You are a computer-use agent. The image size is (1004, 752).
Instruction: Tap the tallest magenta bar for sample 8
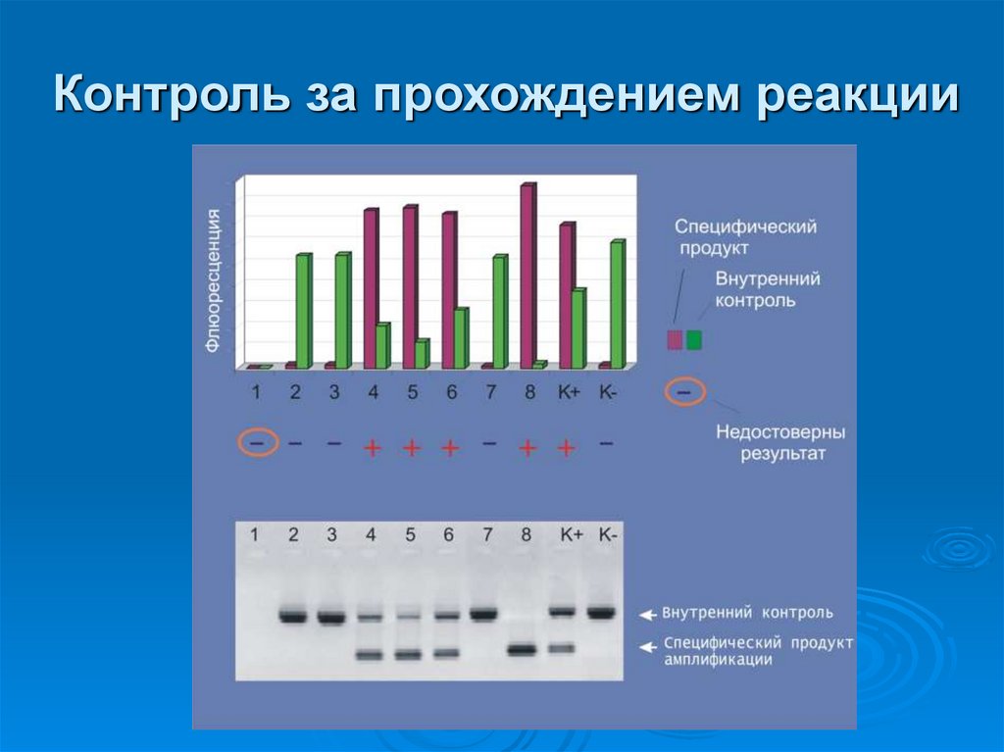click(x=527, y=276)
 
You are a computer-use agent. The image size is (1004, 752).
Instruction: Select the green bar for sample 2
click(x=303, y=311)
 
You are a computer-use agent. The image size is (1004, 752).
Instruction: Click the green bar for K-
click(x=617, y=304)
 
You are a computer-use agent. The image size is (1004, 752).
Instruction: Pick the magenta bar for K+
click(x=566, y=295)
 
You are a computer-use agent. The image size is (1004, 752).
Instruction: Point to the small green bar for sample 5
click(x=422, y=354)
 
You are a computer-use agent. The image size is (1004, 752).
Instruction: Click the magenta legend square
click(x=675, y=340)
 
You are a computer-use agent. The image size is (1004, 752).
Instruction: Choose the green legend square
click(x=694, y=340)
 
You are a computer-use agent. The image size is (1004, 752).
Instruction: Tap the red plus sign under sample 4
click(x=373, y=448)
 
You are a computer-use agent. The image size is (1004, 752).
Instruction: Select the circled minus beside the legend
click(x=684, y=393)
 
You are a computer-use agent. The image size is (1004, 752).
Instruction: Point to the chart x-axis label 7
click(x=489, y=392)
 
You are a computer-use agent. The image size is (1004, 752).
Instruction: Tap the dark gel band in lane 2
click(x=293, y=617)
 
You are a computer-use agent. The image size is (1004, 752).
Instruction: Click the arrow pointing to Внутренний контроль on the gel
click(x=646, y=615)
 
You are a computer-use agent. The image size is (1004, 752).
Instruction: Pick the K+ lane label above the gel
click(x=572, y=535)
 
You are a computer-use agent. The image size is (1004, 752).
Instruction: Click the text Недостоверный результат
click(x=779, y=442)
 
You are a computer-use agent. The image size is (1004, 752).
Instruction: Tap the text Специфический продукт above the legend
click(x=745, y=237)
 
